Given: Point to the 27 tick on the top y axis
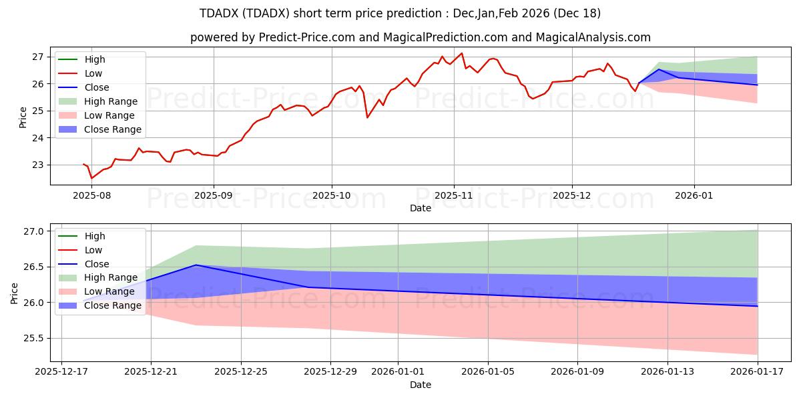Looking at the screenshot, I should click(x=38, y=57).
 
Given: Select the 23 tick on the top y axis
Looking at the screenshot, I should click(x=38, y=165).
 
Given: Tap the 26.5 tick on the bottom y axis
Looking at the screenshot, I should click(x=34, y=267).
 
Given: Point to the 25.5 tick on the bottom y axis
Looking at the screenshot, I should click(x=34, y=338).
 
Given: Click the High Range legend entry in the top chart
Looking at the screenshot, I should click(x=111, y=101).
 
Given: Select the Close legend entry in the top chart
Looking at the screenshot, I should click(x=97, y=87).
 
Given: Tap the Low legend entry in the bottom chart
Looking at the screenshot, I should click(x=93, y=250).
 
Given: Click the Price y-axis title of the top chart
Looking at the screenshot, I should click(x=23, y=117).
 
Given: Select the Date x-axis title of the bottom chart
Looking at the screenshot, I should click(x=421, y=385).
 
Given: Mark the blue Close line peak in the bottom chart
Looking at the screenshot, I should click(x=196, y=265).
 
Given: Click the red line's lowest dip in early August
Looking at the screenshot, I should click(x=91, y=178).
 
